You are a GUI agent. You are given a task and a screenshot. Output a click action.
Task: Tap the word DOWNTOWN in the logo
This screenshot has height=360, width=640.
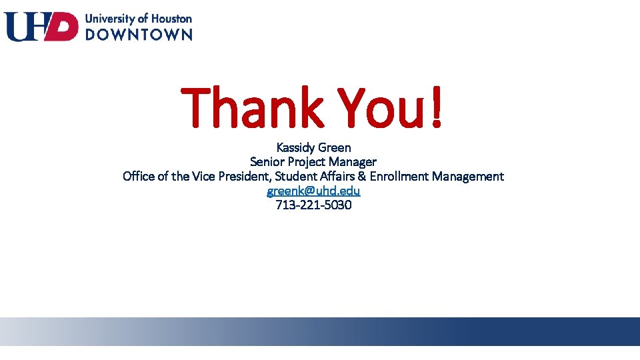(x=139, y=34)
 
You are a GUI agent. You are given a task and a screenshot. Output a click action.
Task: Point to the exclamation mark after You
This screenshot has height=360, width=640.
(x=436, y=107)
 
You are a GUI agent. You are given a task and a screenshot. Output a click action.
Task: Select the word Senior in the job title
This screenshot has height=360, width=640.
(x=267, y=162)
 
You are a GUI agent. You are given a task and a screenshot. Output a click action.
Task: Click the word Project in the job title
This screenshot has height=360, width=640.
(x=307, y=162)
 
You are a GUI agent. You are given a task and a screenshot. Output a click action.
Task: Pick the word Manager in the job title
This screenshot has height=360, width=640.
(x=353, y=162)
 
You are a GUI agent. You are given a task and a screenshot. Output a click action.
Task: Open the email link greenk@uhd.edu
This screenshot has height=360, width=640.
(x=313, y=191)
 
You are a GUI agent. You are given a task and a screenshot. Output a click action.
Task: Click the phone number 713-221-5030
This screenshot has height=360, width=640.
(x=313, y=205)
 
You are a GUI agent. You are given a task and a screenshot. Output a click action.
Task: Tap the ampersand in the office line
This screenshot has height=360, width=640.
(x=361, y=177)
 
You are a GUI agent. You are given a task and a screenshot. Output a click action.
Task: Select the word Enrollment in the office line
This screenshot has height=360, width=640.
(x=399, y=177)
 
